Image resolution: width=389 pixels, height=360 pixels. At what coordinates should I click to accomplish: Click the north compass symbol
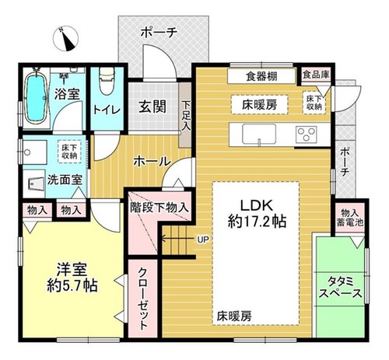(x=65, y=38)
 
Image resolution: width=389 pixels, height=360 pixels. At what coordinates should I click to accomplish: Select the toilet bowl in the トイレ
(x=107, y=81)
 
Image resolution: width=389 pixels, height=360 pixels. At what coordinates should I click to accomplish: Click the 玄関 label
(x=152, y=107)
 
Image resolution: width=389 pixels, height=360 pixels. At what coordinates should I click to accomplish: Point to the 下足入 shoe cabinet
(x=185, y=114)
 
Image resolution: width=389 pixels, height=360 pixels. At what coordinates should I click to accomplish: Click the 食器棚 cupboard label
(x=261, y=76)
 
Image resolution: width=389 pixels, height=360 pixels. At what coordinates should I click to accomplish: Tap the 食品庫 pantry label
(x=316, y=75)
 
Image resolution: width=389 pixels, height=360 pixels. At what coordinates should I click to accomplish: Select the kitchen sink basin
(x=259, y=134)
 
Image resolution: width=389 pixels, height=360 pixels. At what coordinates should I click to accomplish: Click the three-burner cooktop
(x=307, y=134)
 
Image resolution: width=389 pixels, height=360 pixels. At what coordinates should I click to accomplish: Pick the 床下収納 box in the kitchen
(x=314, y=103)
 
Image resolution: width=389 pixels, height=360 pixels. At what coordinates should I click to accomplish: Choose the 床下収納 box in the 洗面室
(x=69, y=152)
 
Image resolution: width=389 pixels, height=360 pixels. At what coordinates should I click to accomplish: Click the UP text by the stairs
(x=203, y=239)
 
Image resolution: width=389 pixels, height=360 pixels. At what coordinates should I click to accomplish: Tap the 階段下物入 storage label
(x=159, y=208)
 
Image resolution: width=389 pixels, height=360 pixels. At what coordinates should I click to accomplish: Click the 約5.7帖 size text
(x=72, y=286)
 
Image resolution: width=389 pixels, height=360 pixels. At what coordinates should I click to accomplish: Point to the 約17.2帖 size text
(x=257, y=222)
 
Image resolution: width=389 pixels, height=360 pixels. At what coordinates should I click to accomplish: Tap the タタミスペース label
(x=340, y=288)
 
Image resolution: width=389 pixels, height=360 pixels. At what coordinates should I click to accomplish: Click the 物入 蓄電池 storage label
(x=349, y=218)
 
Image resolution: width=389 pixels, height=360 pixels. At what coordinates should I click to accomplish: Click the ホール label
(x=152, y=162)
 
